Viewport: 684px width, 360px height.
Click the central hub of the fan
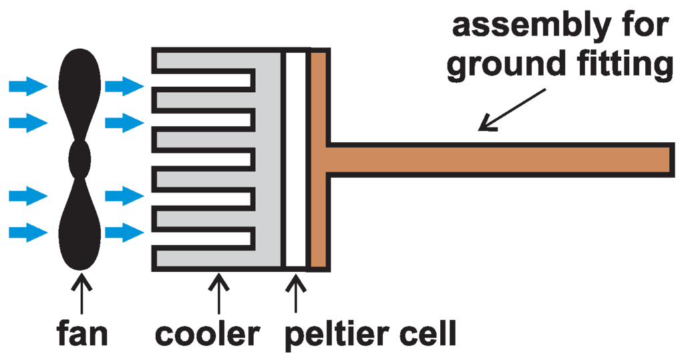coord(80,160)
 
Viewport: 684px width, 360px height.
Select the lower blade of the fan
coord(81,227)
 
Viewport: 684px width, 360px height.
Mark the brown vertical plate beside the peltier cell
coord(318,100)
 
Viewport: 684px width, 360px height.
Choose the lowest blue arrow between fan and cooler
coord(124,232)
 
